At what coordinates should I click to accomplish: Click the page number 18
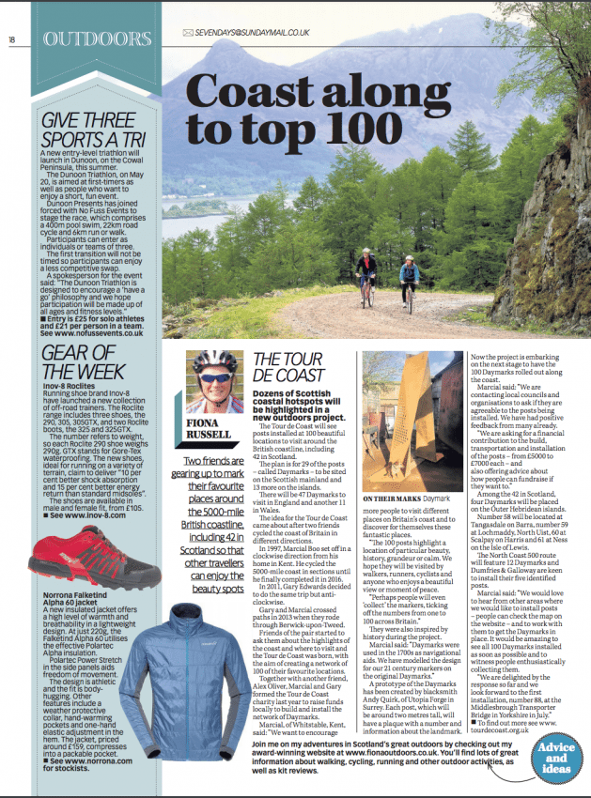tap(13, 39)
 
